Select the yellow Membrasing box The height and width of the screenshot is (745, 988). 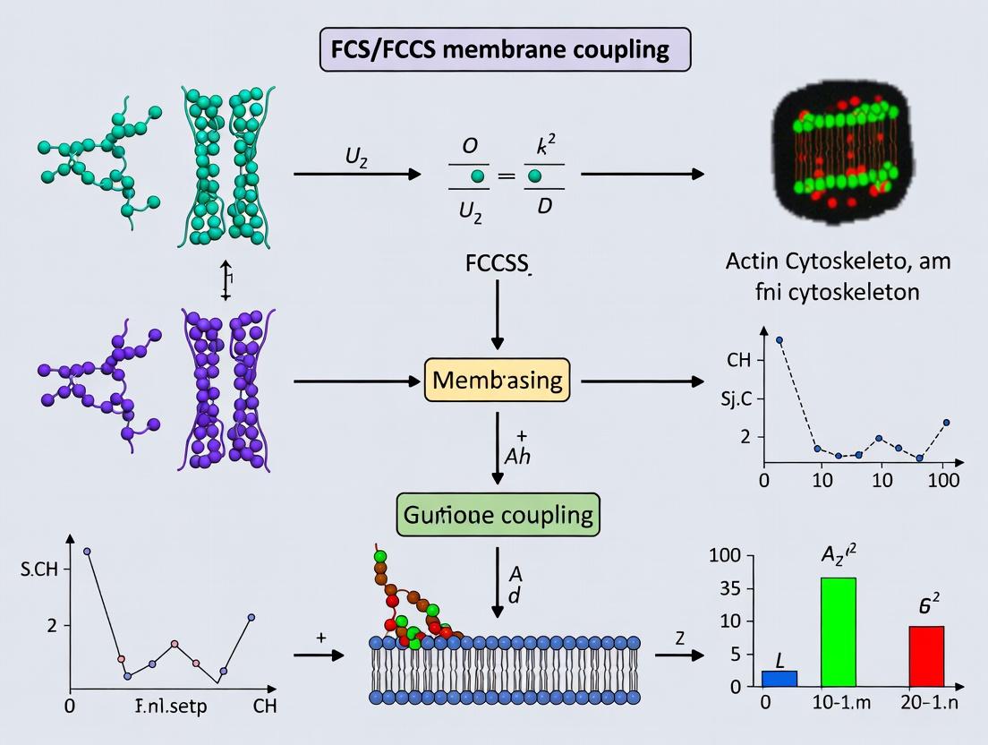pos(498,381)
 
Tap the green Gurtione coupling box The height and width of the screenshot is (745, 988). pos(498,515)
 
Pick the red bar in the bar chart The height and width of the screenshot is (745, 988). pos(926,655)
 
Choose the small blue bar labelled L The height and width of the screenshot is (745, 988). pos(779,678)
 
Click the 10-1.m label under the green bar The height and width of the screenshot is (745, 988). pos(833,704)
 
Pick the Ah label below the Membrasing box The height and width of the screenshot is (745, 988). pos(516,455)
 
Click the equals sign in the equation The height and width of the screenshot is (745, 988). pos(507,176)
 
